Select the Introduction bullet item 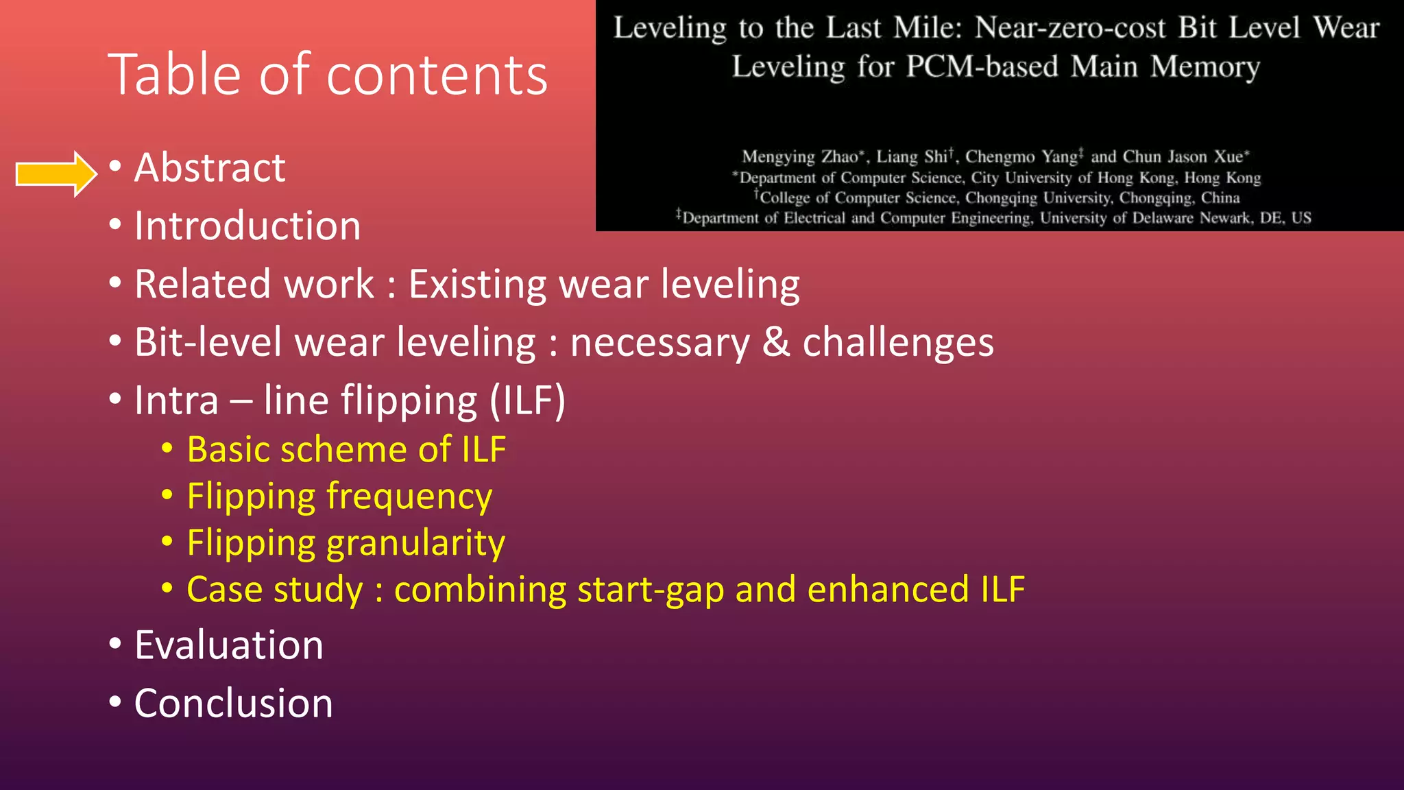(x=247, y=226)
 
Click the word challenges (x=898, y=343)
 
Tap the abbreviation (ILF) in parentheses (x=528, y=400)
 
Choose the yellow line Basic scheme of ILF (x=346, y=450)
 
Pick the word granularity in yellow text (x=415, y=543)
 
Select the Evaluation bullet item (x=228, y=645)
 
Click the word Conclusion (x=233, y=704)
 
